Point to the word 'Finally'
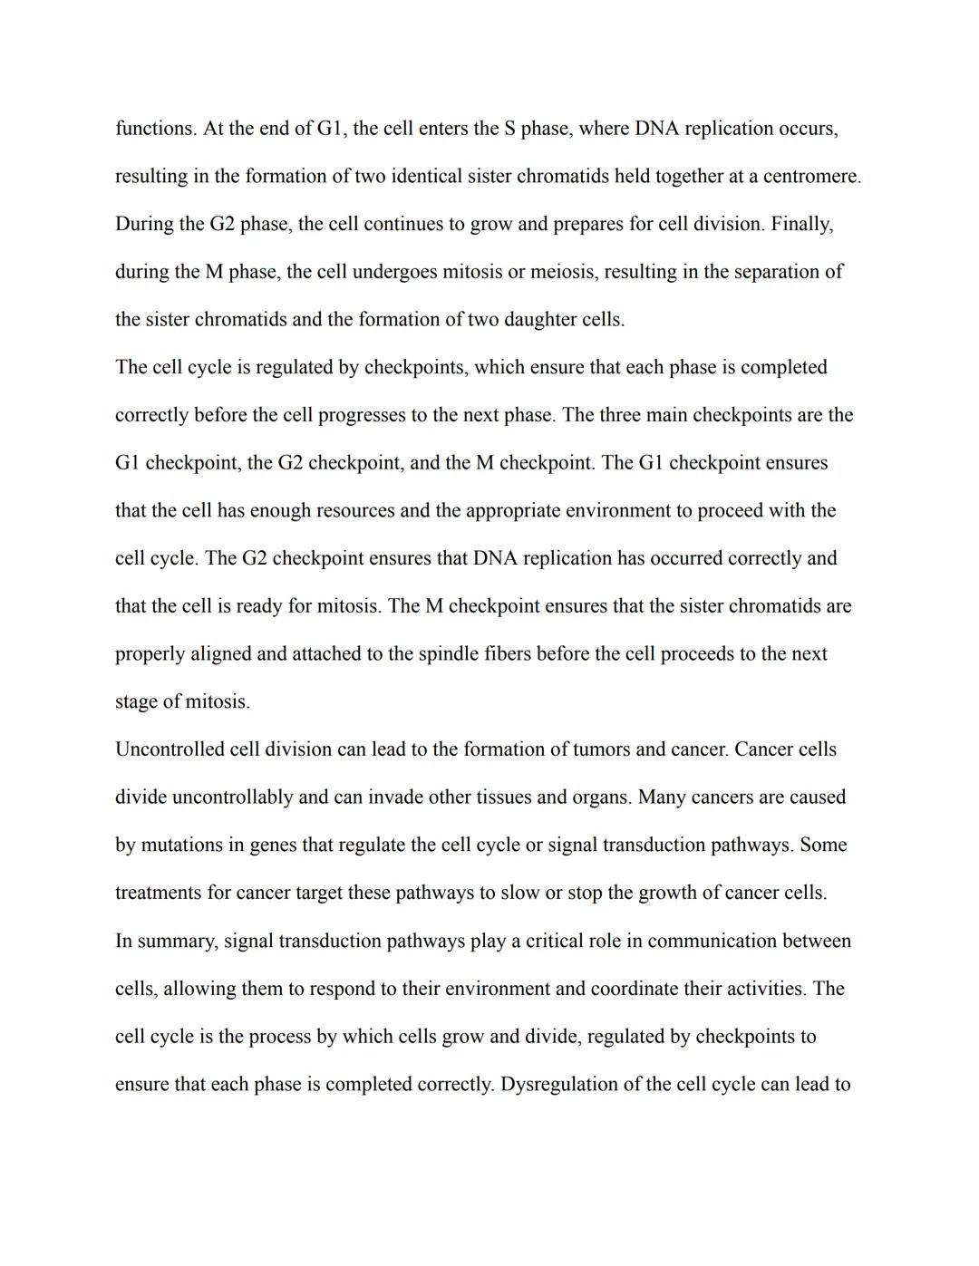tap(801, 224)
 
